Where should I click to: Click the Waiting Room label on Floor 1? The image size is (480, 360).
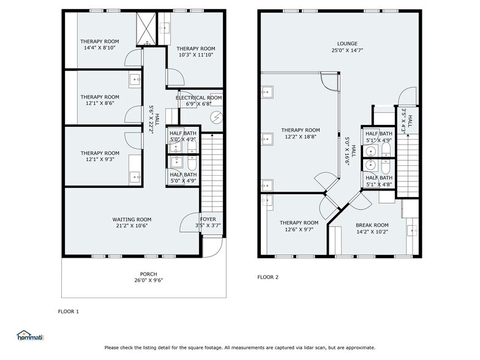coord(131,219)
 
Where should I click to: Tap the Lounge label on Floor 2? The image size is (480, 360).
coord(347,43)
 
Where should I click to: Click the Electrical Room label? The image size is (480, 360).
coord(198,98)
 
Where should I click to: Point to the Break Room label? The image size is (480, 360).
coord(372,225)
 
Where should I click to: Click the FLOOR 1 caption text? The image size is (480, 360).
coord(68,312)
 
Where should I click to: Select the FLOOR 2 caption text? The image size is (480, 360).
coord(268,277)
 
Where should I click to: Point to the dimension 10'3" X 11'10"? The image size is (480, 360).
coord(196,55)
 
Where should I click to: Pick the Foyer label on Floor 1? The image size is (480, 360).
coord(208,219)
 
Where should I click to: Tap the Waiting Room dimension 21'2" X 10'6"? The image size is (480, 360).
coord(131,225)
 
